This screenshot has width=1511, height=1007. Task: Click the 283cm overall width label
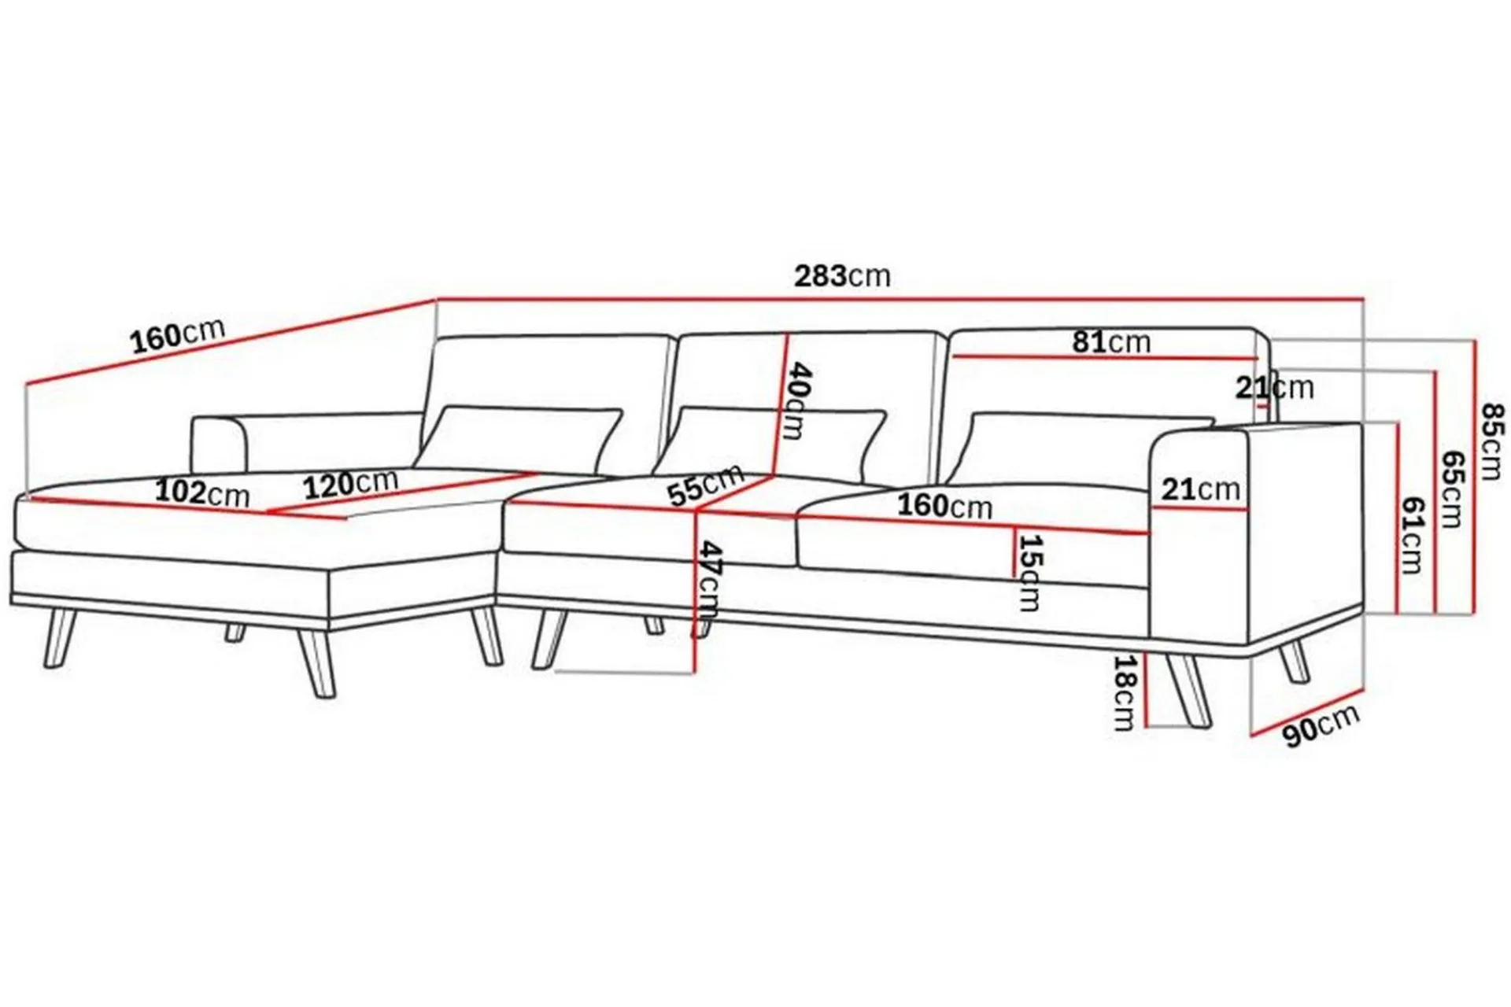pos(842,276)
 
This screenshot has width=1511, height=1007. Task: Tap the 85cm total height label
pos(1493,441)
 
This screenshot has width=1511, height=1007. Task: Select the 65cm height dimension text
pos(1451,489)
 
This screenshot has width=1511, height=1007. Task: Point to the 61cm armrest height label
pos(1413,536)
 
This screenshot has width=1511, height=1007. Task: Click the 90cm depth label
pos(1321,725)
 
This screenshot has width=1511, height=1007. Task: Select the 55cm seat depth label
pos(705,485)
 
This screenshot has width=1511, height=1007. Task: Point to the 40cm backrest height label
pos(797,400)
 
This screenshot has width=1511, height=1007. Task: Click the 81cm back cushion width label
pos(1111,342)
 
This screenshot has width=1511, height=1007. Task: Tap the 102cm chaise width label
pos(202,493)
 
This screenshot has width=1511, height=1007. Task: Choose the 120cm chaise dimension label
pos(351,485)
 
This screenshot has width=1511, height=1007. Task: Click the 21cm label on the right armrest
pos(1201,490)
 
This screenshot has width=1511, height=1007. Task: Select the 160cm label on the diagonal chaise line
pos(178,335)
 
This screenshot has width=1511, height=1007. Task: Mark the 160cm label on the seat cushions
pos(945,505)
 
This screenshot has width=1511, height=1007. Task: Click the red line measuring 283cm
pos(900,300)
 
